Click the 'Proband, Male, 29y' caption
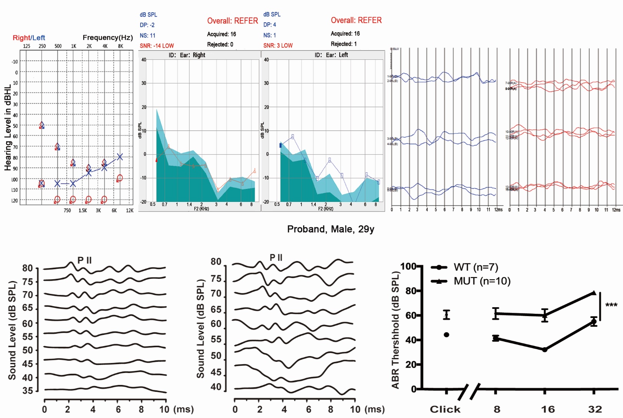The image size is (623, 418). [x=330, y=229]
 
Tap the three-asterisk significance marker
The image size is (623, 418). [x=611, y=305]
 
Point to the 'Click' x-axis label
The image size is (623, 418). [x=445, y=409]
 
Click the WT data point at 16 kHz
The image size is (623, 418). [x=545, y=350]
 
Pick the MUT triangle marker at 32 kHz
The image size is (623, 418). [x=594, y=293]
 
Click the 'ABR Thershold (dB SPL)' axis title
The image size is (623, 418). [x=396, y=330]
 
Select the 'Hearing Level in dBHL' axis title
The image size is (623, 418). [x=8, y=128]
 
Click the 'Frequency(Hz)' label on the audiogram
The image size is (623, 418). [x=108, y=37]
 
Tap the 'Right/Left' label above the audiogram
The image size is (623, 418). [x=29, y=38]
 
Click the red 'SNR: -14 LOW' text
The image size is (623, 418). [x=157, y=46]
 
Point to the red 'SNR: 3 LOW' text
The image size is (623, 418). [x=278, y=45]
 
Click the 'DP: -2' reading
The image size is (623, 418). [x=147, y=25]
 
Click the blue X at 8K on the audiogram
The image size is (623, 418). [x=120, y=157]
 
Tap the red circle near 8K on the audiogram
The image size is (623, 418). [x=120, y=178]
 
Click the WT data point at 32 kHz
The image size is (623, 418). [x=594, y=321]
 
